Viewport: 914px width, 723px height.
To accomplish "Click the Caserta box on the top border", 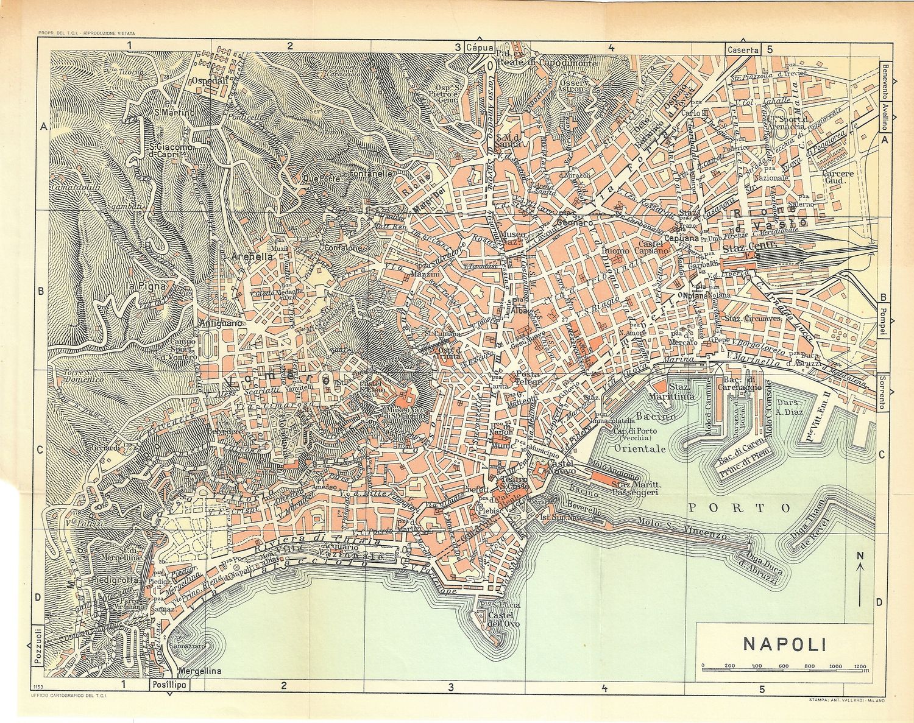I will (x=741, y=49).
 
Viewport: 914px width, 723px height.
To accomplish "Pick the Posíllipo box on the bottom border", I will (x=169, y=685).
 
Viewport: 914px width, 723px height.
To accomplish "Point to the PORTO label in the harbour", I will (x=739, y=507).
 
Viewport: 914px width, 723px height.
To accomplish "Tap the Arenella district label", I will (x=252, y=257).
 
